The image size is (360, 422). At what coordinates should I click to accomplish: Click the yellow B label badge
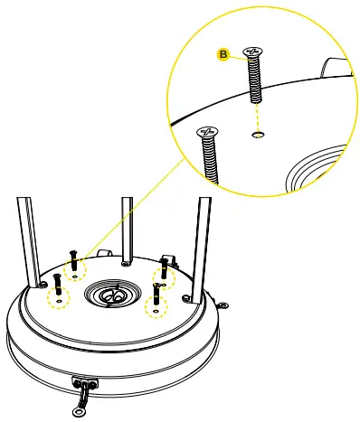point(223,54)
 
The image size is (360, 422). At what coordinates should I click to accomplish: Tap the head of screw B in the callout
point(253,52)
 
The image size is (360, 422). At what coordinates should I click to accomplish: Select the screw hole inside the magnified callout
point(258,135)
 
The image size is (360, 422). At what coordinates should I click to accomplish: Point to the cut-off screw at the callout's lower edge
point(209,155)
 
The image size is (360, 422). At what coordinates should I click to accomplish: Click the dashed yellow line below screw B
point(257,117)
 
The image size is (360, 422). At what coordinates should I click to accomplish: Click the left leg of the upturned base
point(29,242)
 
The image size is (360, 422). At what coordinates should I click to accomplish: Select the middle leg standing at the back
point(127,230)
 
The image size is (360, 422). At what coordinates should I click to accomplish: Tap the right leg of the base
point(202,250)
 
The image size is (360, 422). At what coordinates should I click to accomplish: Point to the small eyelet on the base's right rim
point(223,305)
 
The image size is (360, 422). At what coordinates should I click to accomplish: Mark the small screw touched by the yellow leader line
point(73,260)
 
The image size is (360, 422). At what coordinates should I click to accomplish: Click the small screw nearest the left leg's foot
point(57,284)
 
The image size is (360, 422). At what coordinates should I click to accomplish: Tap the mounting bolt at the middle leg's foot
point(126,264)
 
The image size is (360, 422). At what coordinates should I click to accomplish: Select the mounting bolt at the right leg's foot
point(186,298)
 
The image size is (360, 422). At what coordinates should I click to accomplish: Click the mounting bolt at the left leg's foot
point(43,284)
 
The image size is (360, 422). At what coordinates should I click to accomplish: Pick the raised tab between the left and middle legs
point(105,253)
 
